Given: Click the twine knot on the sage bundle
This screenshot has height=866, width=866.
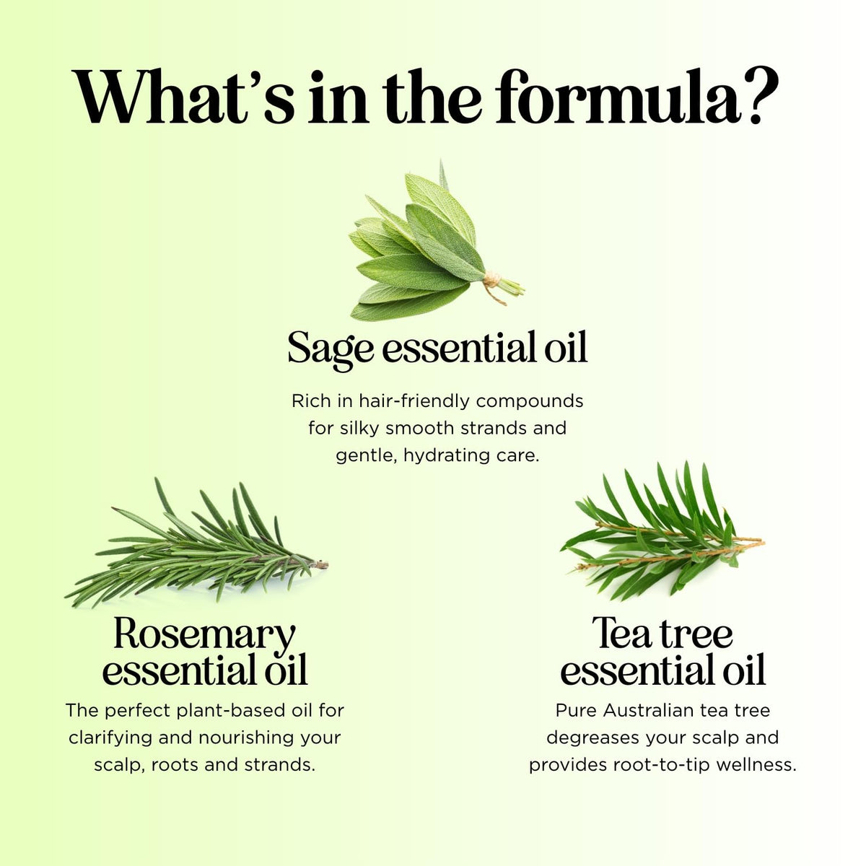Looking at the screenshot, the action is click(491, 279).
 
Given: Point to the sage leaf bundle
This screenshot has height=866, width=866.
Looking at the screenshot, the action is click(436, 245).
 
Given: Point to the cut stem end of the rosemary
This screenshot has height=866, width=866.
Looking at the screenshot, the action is click(323, 564).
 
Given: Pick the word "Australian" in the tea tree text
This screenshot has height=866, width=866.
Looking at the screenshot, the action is click(649, 711).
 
